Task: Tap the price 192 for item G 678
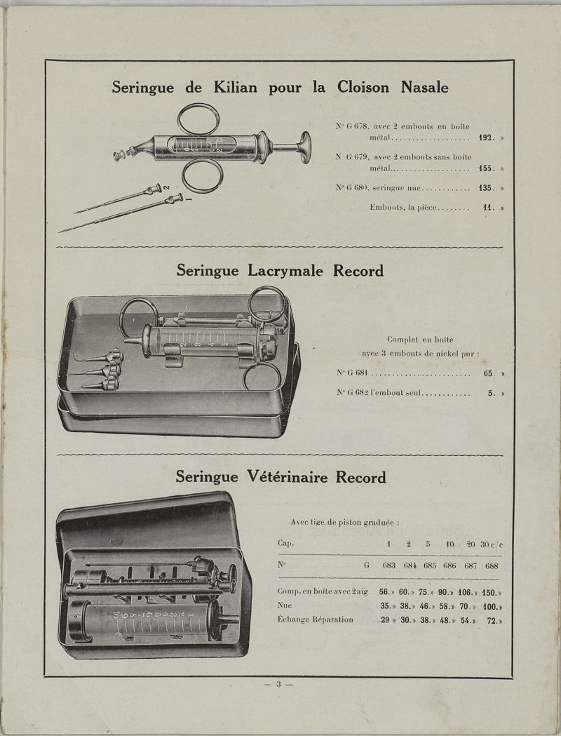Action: tap(486, 138)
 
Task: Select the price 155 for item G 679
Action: tap(486, 169)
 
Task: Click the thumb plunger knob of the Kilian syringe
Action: tap(306, 147)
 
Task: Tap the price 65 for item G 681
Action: tap(489, 373)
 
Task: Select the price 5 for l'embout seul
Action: tap(492, 394)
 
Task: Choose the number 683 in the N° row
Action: tap(389, 566)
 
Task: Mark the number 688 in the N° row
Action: tap(492, 566)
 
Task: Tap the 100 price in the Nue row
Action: tap(492, 606)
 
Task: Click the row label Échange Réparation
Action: tap(315, 620)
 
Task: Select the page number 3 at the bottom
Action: tap(278, 685)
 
